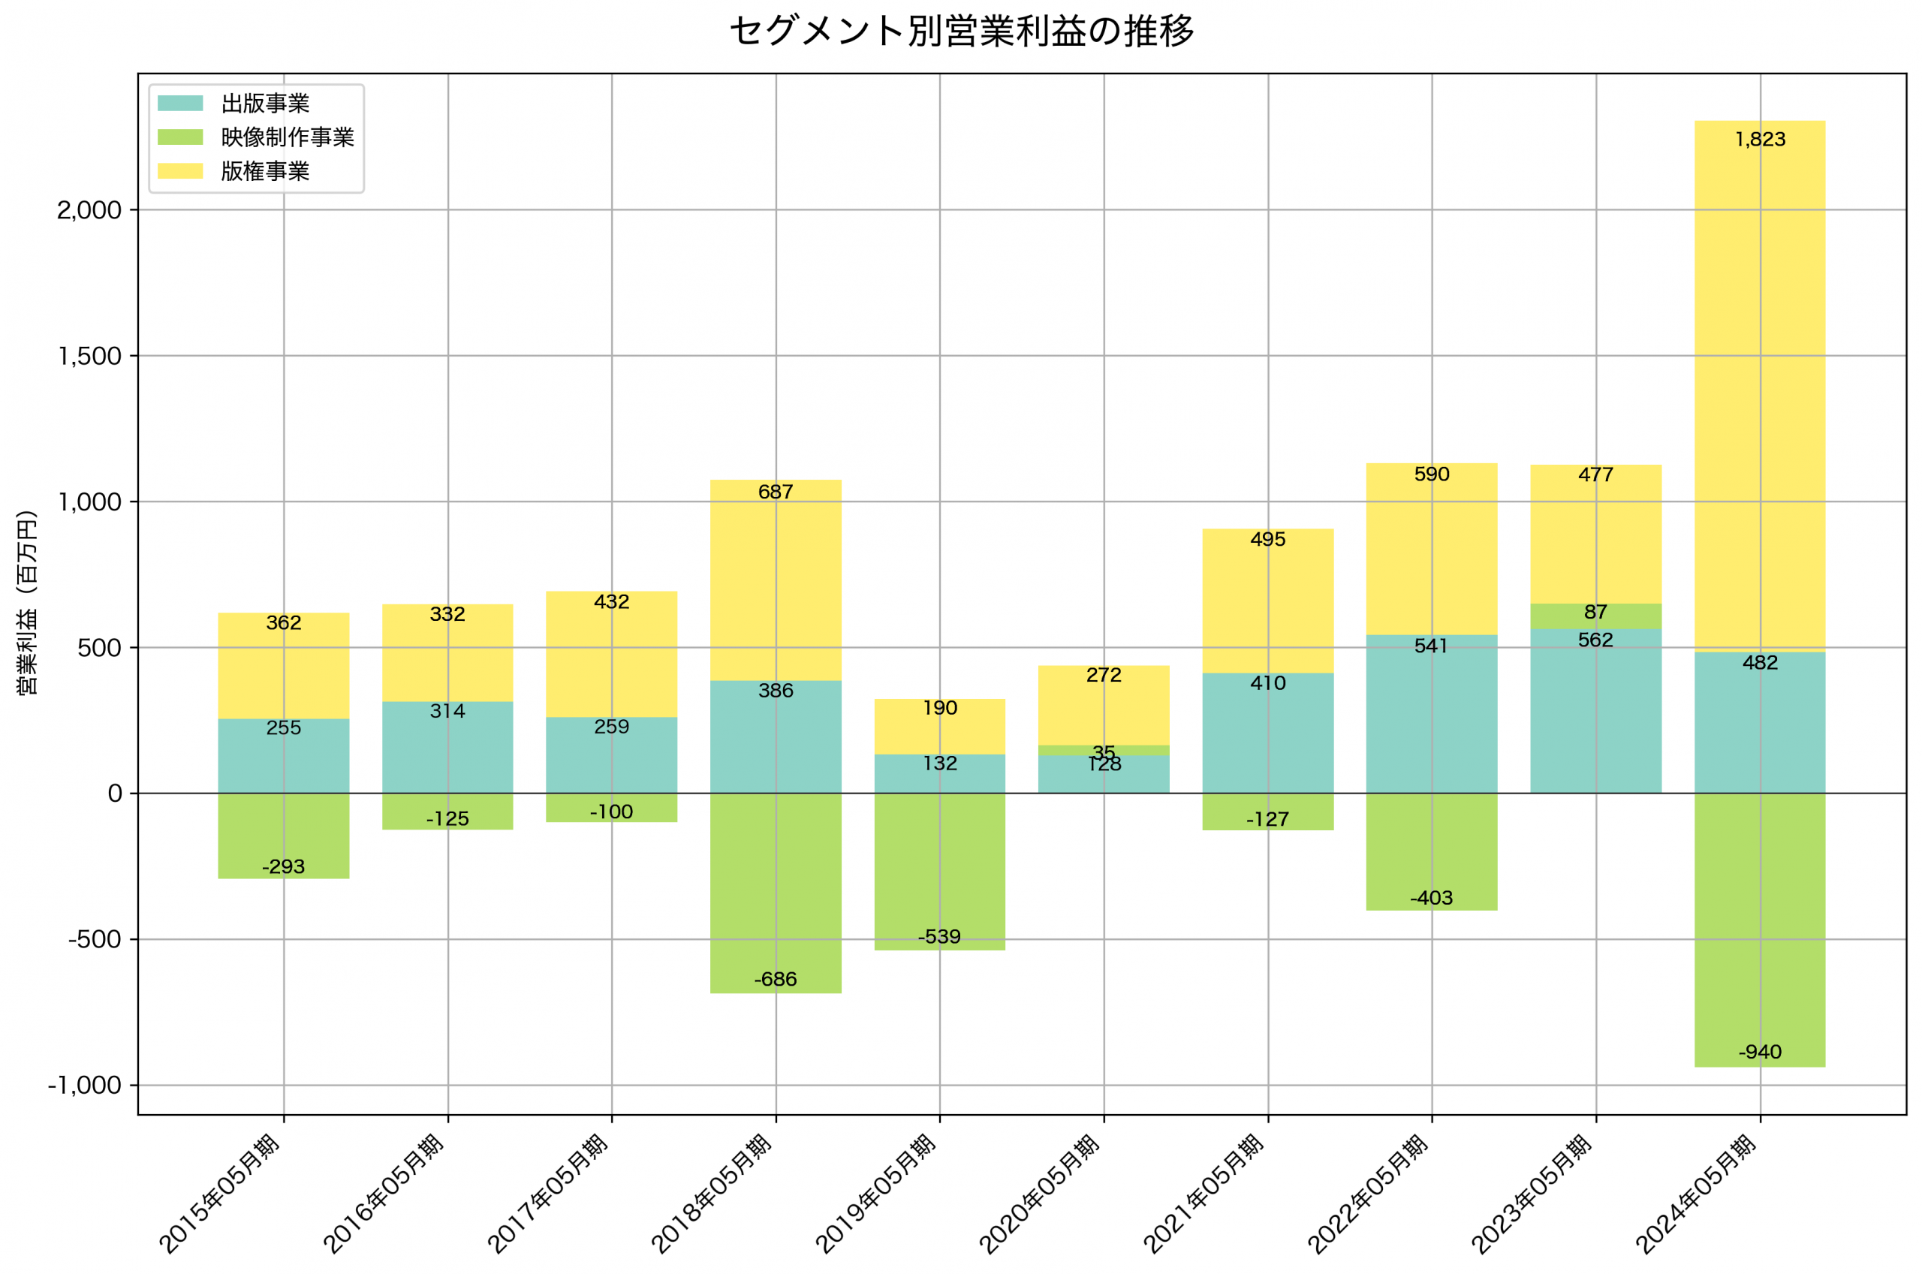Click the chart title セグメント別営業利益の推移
[961, 31]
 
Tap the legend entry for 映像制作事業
[288, 137]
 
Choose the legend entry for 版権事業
[265, 171]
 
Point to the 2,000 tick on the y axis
[89, 210]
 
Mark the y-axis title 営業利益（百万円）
[27, 602]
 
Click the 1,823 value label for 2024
[1760, 140]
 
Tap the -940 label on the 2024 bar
[1760, 1053]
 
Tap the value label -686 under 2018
[775, 980]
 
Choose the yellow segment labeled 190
[939, 727]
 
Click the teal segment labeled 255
[284, 756]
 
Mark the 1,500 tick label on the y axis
[89, 356]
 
